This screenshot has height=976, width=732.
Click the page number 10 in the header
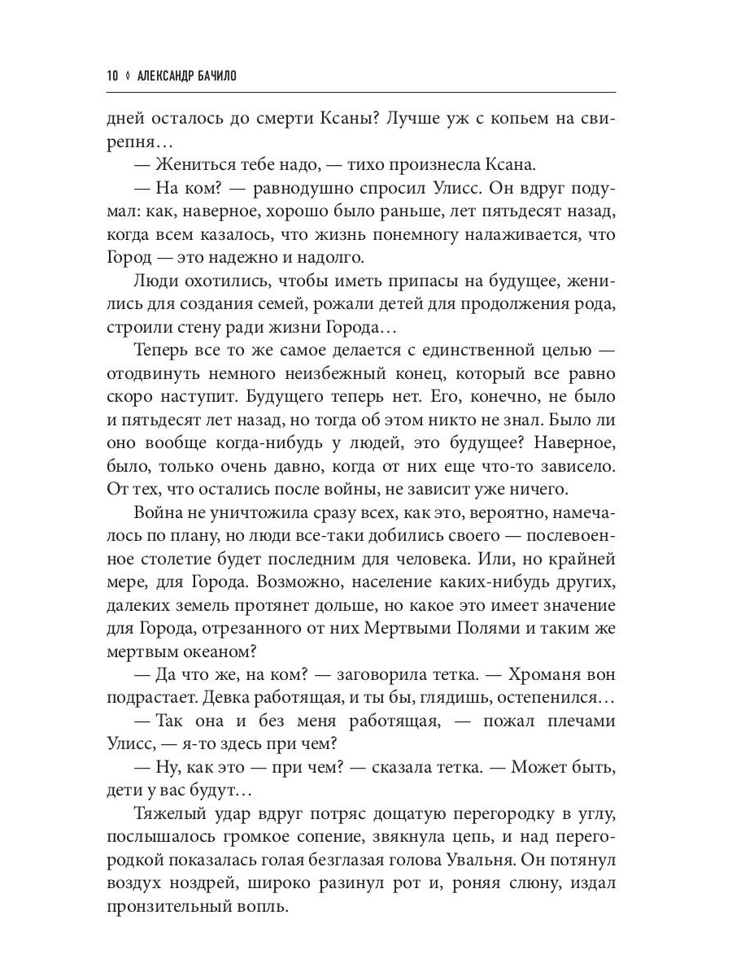pyautogui.click(x=112, y=76)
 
